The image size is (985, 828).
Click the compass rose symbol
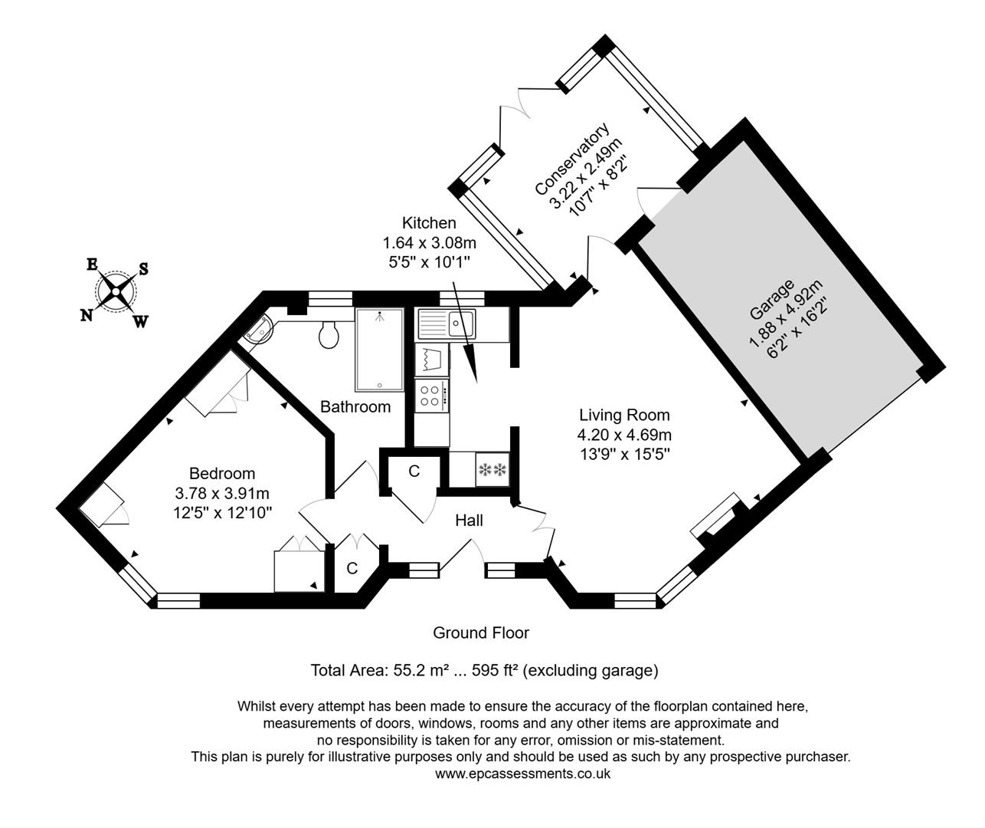point(116,291)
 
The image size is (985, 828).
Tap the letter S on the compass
point(143,270)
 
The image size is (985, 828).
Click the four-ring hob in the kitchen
point(431,396)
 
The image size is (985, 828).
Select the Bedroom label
point(222,474)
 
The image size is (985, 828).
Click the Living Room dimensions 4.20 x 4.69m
point(623,435)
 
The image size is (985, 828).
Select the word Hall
point(469,521)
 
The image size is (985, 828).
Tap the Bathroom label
point(355,406)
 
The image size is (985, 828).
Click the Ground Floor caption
point(481,632)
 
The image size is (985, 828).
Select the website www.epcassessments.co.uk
point(522,774)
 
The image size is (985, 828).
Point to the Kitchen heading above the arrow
point(429,223)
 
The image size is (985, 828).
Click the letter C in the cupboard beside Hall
point(414,472)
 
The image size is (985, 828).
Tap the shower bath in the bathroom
point(378,349)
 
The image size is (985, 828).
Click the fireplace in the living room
point(718,517)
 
